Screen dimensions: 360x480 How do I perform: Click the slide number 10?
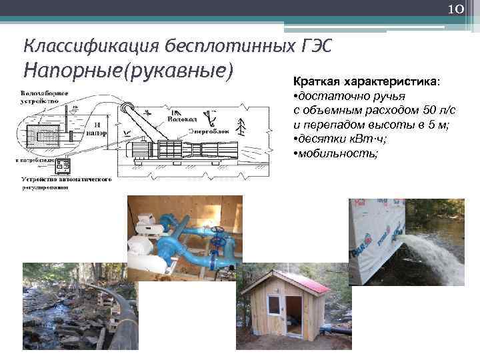456,9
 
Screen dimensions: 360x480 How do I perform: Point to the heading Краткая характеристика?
366,81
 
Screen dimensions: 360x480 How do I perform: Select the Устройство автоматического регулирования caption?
64,182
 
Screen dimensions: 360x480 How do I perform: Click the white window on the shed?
273,307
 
